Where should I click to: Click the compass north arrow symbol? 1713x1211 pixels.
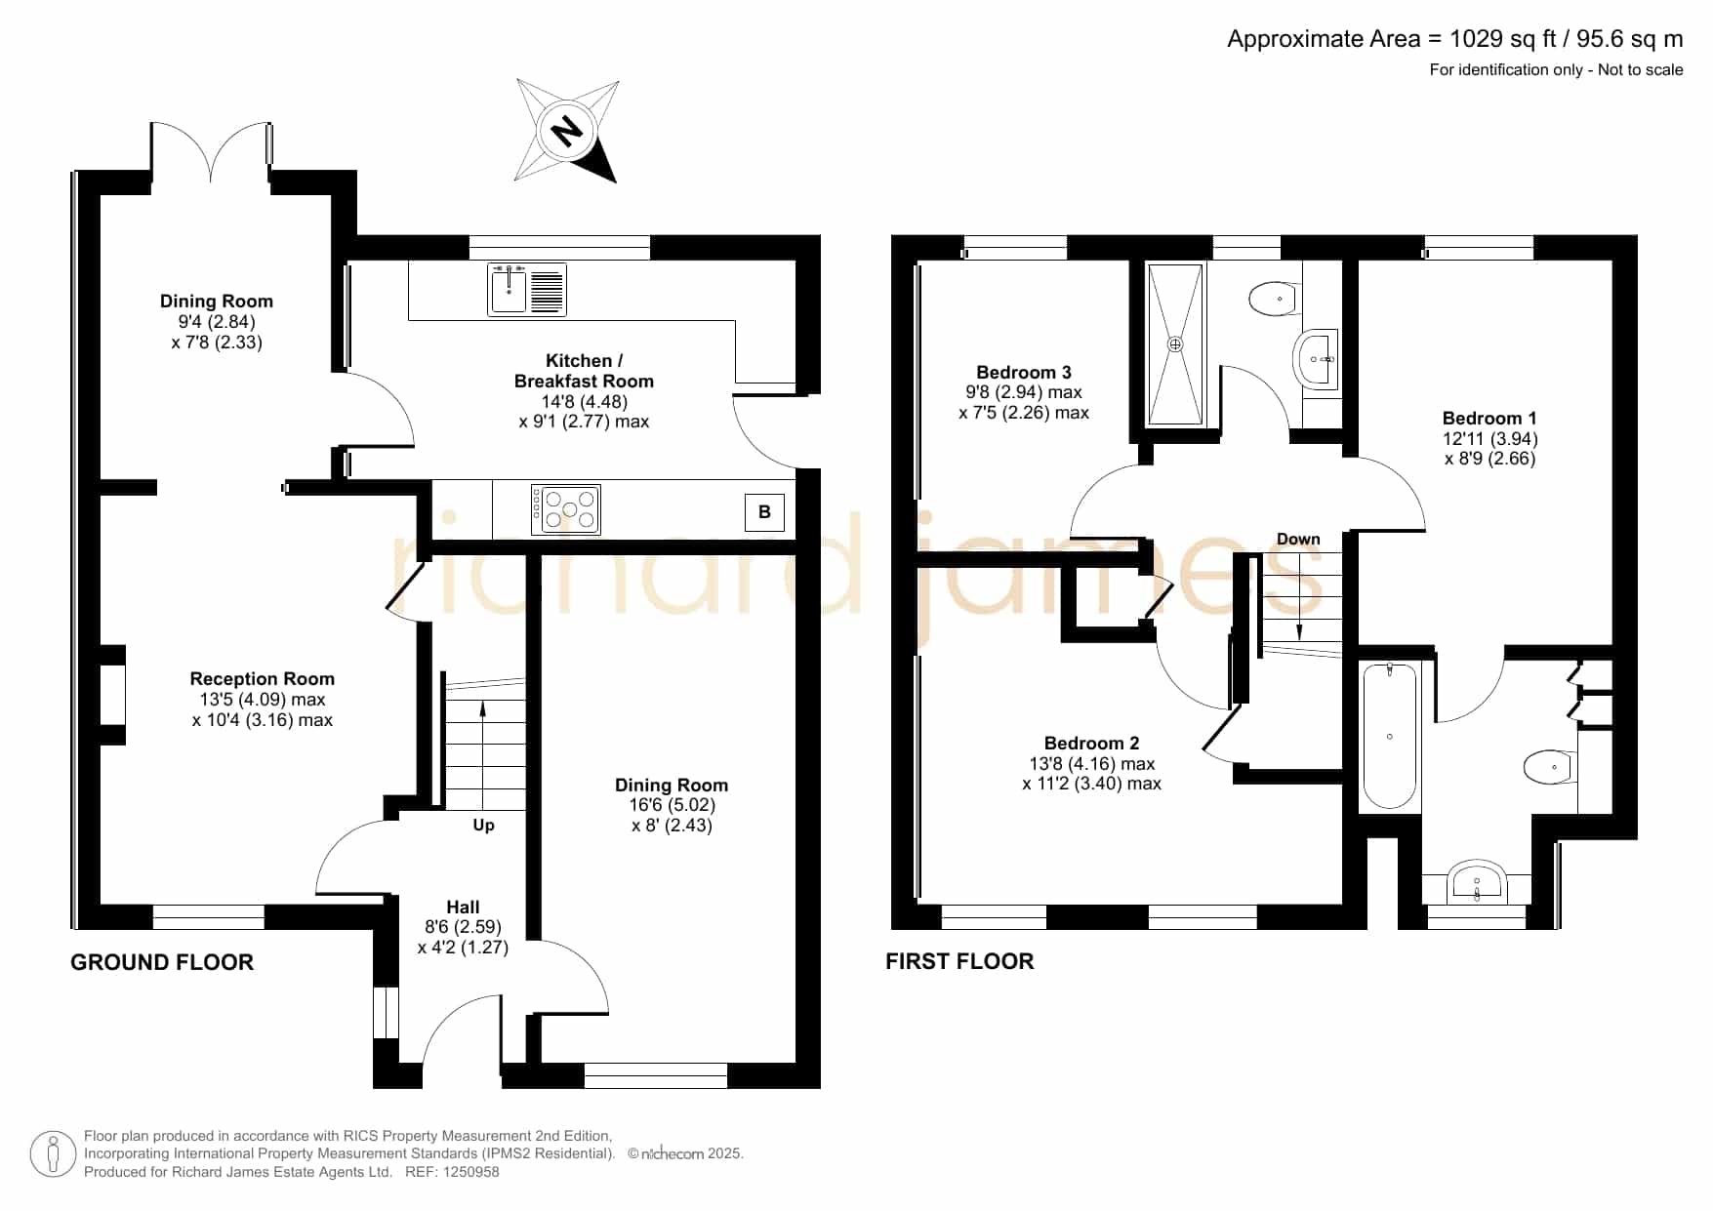[567, 130]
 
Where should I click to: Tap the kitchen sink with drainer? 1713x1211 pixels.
[527, 290]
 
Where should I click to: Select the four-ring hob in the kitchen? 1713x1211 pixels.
[565, 508]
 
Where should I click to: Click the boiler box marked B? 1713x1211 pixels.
[764, 512]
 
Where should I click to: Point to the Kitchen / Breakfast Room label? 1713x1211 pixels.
[584, 371]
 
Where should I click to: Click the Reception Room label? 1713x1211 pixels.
[263, 678]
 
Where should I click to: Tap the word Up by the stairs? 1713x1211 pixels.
[483, 826]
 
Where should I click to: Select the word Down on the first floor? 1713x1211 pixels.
[1298, 540]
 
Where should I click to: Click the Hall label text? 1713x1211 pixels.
[463, 908]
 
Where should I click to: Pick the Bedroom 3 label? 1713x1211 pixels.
[1024, 372]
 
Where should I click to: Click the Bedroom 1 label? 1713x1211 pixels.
[1489, 418]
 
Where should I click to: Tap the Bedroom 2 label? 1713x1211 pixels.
[1091, 743]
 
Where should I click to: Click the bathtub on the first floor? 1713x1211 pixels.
[1389, 736]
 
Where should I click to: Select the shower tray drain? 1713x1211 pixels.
[1175, 344]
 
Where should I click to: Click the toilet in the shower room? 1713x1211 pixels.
[1274, 299]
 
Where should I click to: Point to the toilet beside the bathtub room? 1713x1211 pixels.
[1549, 766]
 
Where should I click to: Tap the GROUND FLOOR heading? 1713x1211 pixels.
[162, 962]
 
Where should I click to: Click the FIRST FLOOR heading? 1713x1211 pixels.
[959, 961]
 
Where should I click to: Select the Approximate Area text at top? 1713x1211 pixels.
[1454, 39]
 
